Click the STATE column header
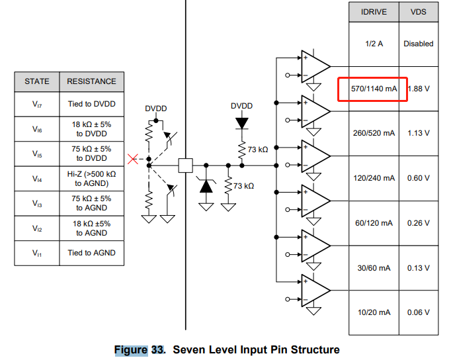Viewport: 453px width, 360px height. point(37,81)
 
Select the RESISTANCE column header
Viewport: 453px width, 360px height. point(91,81)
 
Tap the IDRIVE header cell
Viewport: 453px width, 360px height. point(374,12)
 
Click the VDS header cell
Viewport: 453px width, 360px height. point(419,12)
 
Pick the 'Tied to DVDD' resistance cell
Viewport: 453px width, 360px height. point(91,104)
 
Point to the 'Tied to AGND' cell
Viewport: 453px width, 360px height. point(91,253)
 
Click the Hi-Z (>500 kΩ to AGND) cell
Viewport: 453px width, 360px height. point(91,179)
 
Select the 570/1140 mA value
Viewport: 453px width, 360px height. point(374,89)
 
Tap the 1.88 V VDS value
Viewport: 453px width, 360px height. point(419,89)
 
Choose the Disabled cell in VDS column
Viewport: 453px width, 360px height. point(419,44)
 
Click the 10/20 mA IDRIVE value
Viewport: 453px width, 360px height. point(374,312)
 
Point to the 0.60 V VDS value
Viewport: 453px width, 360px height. point(419,178)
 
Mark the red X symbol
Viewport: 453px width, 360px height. point(133,159)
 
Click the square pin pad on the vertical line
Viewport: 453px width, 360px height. point(185,165)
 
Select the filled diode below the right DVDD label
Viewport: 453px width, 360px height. point(242,124)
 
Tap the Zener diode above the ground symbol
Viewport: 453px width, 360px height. point(206,186)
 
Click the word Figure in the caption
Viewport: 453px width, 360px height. point(131,350)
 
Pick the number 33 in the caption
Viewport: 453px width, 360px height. point(157,350)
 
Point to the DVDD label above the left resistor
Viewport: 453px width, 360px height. point(155,109)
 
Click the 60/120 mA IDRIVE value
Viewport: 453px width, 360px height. point(374,223)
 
